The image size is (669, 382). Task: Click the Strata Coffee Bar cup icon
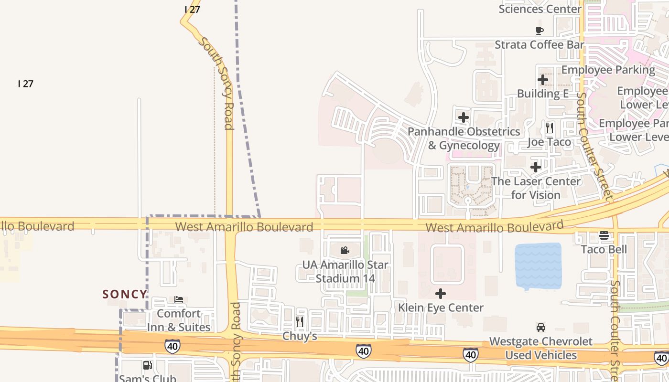point(540,31)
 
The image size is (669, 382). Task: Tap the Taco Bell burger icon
point(604,235)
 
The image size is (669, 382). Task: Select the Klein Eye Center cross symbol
point(441,293)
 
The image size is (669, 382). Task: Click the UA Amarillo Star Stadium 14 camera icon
point(345,250)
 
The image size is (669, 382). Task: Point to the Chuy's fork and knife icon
point(300,321)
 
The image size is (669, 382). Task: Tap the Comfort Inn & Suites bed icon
point(179,299)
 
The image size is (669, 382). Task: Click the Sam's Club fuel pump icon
point(148,365)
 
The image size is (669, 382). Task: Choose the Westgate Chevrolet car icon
point(541,328)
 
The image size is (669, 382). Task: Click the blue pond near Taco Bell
point(538,266)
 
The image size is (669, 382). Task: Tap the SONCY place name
point(125,294)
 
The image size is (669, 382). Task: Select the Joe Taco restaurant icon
point(550,127)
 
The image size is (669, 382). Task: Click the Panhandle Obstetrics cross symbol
point(463,117)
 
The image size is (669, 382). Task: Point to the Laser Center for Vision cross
point(536,167)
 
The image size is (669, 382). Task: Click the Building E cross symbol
point(543,80)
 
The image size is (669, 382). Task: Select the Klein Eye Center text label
point(441,308)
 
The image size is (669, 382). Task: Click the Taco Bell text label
point(604,249)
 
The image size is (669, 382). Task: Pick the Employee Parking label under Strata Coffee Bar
point(608,70)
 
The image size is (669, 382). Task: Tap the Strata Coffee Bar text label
point(540,45)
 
